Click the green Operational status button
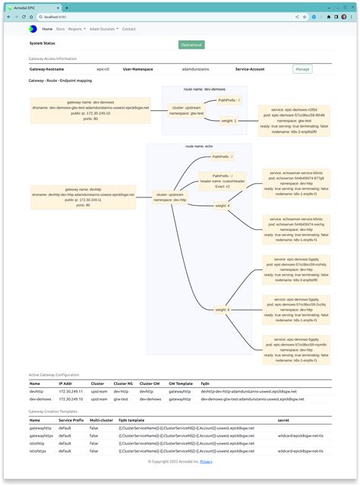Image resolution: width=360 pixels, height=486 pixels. tap(191, 45)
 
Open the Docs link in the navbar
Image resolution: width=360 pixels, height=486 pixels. tap(60, 29)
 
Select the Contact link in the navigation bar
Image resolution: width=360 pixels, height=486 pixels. tap(129, 29)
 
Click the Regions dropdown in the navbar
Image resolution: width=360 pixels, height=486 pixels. tap(77, 29)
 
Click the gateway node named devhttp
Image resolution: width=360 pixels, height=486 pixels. tap(84, 197)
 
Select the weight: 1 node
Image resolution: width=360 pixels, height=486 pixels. tap(229, 120)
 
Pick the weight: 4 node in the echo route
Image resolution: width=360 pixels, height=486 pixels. tap(222, 206)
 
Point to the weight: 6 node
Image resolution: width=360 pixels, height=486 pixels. tap(222, 309)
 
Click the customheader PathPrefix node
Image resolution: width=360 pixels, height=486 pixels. tap(223, 182)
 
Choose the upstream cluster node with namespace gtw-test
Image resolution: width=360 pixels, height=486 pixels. tap(187, 110)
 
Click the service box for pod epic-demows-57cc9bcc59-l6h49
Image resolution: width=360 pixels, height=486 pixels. tap(293, 119)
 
